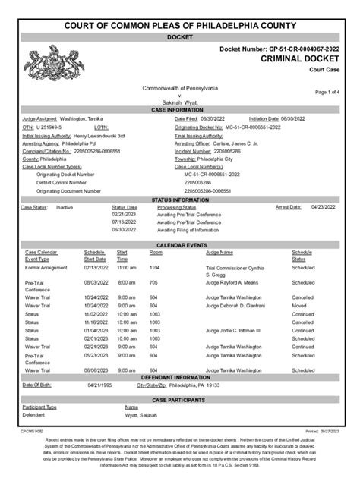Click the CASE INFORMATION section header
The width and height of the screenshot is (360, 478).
179,110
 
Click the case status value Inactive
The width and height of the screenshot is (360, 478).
64,206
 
